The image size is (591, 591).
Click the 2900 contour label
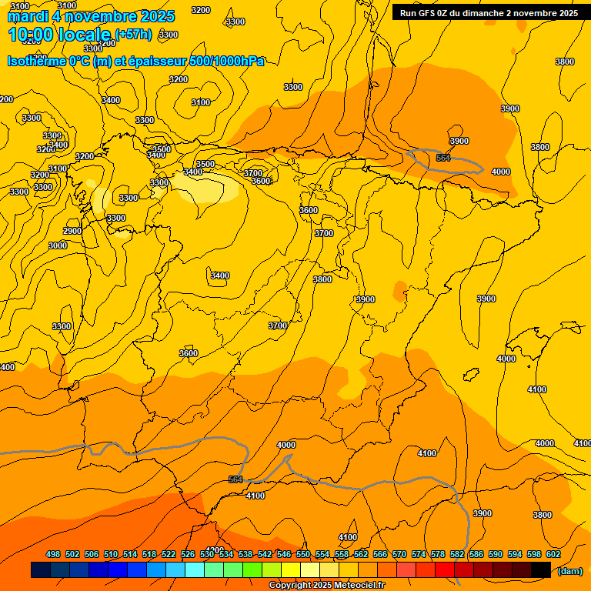(72, 231)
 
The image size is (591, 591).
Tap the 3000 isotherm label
(58, 245)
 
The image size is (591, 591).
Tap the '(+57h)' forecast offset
(133, 35)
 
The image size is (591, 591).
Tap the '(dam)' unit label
(569, 570)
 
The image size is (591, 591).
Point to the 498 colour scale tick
(53, 554)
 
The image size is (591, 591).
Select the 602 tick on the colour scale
(553, 554)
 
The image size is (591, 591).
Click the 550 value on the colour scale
(303, 554)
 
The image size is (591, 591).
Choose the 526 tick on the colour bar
(188, 554)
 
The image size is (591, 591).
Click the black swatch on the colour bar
(541, 570)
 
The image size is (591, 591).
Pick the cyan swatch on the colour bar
(195, 570)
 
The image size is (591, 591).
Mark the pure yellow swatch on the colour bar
(291, 570)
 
